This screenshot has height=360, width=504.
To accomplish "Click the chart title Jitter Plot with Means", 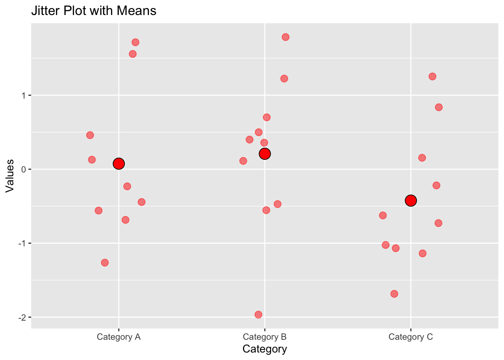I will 94,11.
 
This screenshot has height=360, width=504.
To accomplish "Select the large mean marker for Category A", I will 118,163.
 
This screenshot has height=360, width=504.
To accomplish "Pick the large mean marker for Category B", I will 265,154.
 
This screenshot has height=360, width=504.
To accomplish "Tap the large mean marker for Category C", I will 411,201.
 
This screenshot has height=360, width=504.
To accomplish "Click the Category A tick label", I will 118,337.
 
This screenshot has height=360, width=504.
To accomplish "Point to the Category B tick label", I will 265,337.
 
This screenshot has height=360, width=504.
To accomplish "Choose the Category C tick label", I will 411,337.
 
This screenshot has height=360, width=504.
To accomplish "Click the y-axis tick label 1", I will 24,95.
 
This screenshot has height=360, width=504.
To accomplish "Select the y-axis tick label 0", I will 24,169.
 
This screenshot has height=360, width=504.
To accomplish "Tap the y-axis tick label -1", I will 22,243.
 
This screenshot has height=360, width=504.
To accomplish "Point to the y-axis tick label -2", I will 22,317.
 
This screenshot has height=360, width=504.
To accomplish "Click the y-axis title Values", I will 10,176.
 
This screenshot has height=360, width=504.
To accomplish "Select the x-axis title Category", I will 265,349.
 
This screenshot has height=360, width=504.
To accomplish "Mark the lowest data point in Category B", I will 258,315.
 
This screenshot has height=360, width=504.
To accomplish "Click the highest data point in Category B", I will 285,37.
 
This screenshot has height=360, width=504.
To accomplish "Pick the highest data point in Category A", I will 135,42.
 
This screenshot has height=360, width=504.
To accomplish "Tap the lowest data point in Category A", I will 105,262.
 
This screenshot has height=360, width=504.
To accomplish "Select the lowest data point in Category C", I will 394,294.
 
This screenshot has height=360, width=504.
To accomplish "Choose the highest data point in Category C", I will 432,76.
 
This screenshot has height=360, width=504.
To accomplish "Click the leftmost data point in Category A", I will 90,135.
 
